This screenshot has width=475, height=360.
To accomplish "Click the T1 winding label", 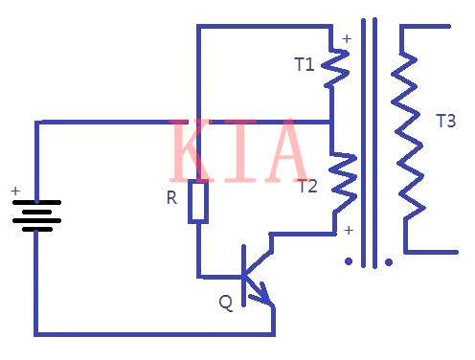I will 304,65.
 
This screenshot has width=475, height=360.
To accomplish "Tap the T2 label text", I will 306,186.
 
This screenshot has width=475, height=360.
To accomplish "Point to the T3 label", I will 445,122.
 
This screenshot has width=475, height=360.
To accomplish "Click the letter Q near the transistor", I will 225,303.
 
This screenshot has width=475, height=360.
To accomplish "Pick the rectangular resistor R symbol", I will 197,201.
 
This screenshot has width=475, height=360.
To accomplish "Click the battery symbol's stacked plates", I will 37,216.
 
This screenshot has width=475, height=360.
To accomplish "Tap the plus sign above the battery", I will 15,191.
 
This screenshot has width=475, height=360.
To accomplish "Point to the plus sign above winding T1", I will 346,39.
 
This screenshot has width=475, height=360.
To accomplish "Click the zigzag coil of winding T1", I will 335,68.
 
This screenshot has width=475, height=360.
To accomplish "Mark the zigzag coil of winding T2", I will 343,183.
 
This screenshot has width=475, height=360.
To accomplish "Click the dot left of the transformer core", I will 349,260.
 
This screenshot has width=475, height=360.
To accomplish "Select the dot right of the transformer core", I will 389,260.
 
